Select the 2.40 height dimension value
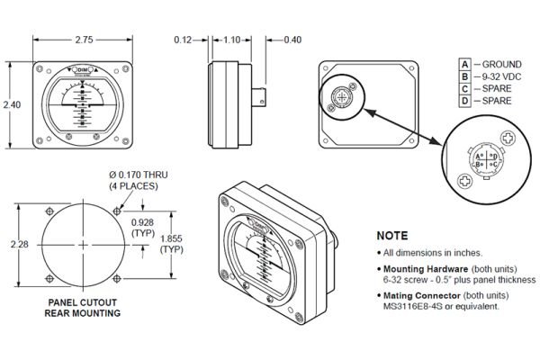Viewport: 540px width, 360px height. pyautogui.click(x=12, y=105)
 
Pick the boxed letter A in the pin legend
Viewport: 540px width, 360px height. pyautogui.click(x=464, y=65)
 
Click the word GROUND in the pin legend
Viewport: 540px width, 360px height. pyautogui.click(x=502, y=65)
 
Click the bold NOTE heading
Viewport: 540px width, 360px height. pyautogui.click(x=392, y=237)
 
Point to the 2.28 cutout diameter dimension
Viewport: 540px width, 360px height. pyautogui.click(x=12, y=244)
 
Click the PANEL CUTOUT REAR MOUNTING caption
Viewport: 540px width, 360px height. pyautogui.click(x=83, y=308)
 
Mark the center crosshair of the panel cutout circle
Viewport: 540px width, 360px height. pyautogui.click(x=83, y=245)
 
